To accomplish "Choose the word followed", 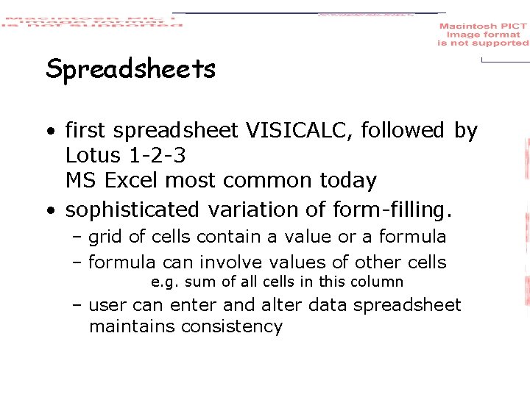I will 404,131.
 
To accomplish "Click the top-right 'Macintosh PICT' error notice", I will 483,35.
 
